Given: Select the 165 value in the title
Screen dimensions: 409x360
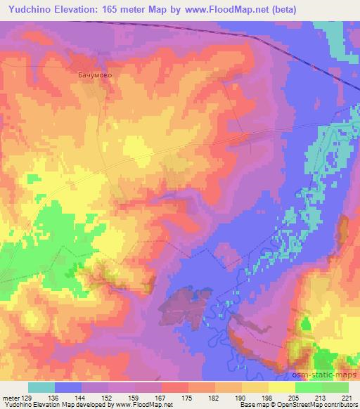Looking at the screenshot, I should [111, 10].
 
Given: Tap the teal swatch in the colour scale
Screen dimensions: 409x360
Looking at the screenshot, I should [41, 387].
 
